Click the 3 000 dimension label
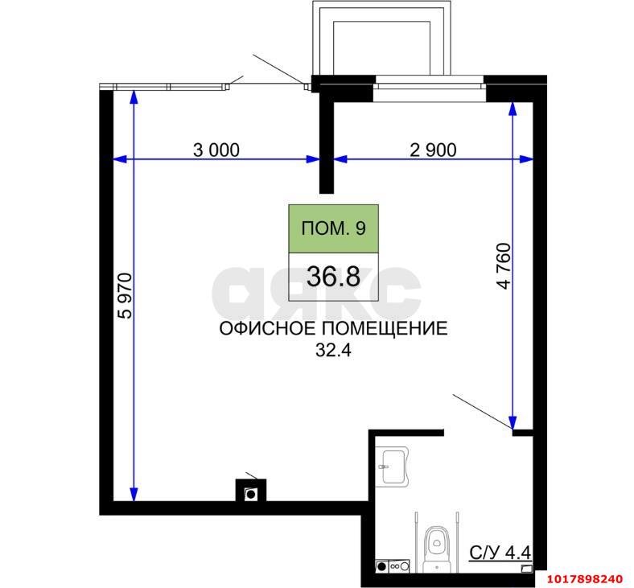216,150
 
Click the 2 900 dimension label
433,150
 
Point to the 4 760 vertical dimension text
504,266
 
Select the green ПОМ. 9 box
334,228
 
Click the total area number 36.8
333,278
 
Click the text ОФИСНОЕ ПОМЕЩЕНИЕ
333,328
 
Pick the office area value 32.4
333,351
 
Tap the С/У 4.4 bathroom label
500,552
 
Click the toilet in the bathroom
437,548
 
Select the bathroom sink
392,467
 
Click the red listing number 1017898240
585,579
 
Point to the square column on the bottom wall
251,490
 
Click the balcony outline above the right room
381,38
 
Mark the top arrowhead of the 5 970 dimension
134,97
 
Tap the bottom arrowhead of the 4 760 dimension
513,422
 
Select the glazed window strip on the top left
164,87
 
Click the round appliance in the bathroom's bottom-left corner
381,566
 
